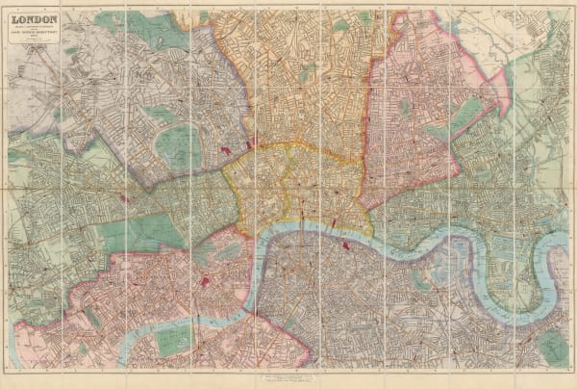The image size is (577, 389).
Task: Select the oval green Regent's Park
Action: click(x=178, y=145)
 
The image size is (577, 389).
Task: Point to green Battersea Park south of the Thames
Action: click(x=173, y=338)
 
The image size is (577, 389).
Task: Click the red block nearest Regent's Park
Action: click(x=226, y=151)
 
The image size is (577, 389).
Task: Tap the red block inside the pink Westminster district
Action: click(x=205, y=281)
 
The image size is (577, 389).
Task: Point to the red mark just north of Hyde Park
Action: click(x=123, y=198)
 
